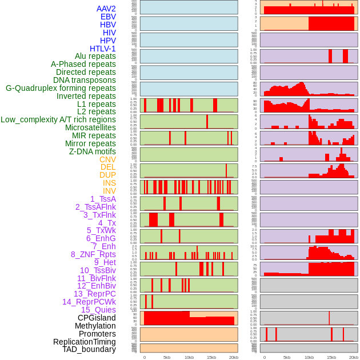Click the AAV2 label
click(106, 9)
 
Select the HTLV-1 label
click(102, 49)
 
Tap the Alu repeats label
click(95, 56)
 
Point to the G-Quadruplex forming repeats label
click(61, 88)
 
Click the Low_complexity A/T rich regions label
click(58, 119)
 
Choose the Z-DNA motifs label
click(92, 151)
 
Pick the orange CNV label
click(107, 159)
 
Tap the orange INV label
click(109, 191)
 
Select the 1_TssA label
click(103, 199)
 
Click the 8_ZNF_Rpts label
click(93, 254)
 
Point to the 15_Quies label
click(98, 310)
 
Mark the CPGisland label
click(97, 318)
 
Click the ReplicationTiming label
click(84, 342)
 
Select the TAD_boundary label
click(89, 349)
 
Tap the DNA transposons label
click(85, 80)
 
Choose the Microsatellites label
click(90, 127)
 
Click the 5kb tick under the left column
click(167, 357)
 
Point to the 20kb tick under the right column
click(354, 357)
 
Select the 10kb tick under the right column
click(309, 357)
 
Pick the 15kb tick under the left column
click(211, 357)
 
